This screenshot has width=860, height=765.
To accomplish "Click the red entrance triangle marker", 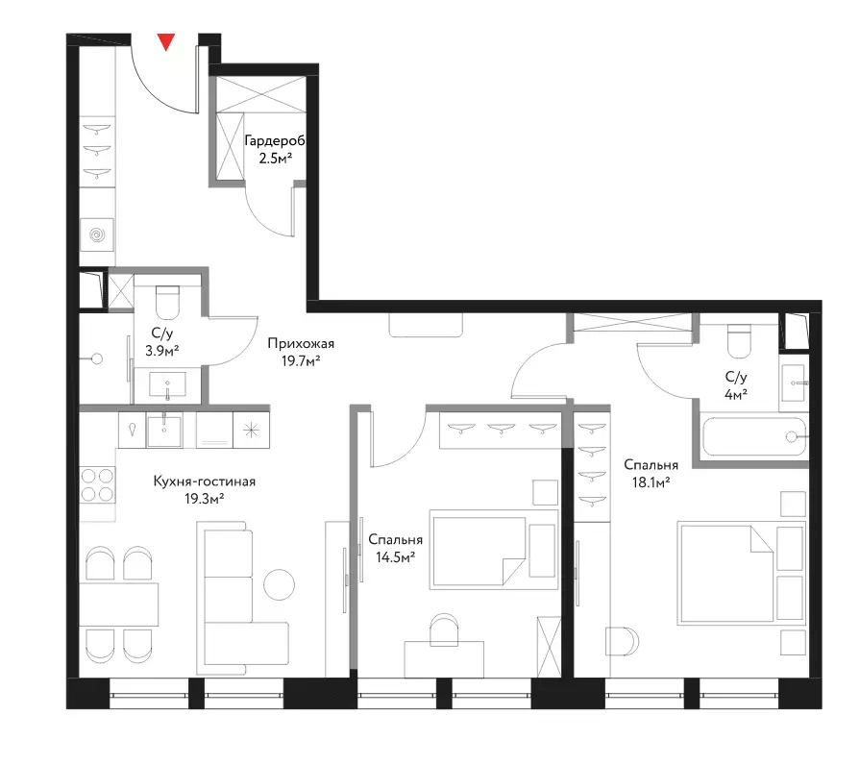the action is click(x=165, y=41).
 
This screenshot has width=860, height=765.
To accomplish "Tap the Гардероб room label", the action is click(x=274, y=141).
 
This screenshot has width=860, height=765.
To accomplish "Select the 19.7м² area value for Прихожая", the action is click(x=301, y=360).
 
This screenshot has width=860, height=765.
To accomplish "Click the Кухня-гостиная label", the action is click(x=204, y=481).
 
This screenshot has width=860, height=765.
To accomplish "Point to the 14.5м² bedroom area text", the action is click(x=395, y=557).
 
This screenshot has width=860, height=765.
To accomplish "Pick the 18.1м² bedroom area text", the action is click(x=651, y=482).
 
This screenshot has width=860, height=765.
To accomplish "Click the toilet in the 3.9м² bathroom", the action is click(x=167, y=302).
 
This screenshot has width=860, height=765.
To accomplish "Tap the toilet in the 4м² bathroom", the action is click(x=738, y=340).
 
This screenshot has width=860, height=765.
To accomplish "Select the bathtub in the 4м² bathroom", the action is click(x=753, y=436).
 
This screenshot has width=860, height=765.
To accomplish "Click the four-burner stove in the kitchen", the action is click(x=97, y=484).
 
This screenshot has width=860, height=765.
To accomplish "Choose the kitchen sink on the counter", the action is click(x=164, y=430).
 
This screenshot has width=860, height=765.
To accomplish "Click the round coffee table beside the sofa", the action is click(x=280, y=584).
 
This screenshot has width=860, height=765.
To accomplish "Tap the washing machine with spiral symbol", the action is click(x=97, y=234).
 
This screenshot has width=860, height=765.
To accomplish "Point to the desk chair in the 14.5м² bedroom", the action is click(x=444, y=629).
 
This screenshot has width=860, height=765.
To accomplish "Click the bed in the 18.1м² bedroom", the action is click(x=742, y=574).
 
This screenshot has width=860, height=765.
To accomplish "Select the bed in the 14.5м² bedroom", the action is click(x=494, y=550).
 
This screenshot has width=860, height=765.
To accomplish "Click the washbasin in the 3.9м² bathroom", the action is click(x=168, y=383).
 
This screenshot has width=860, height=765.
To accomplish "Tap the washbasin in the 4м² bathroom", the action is click(x=793, y=382).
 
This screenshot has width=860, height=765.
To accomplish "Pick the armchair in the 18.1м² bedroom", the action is click(x=622, y=641).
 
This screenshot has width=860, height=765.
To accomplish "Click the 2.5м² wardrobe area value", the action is click(x=276, y=159).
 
